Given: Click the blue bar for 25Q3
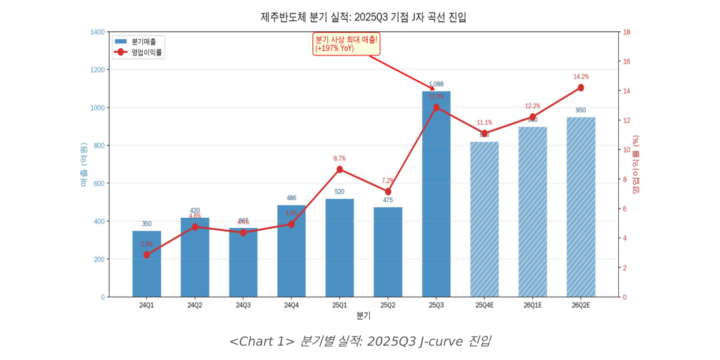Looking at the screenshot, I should point(436,196).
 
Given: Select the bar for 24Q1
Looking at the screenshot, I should point(147,264).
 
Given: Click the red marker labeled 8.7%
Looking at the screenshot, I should point(339,170).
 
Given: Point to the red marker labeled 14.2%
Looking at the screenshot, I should point(580,88).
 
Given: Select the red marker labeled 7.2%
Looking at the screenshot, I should point(387,192).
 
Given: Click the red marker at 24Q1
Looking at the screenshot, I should point(147,254).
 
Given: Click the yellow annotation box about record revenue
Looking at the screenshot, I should point(346,44).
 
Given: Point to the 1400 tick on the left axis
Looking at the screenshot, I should point(97,32).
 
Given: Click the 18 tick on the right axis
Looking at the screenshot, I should point(626,32).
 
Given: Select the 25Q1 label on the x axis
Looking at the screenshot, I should point(339,305).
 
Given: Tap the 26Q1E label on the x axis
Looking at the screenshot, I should point(532,305).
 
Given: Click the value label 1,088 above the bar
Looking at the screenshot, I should point(436,84).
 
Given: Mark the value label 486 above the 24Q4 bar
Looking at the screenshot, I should point(291,198).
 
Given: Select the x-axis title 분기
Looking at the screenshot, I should point(363,316).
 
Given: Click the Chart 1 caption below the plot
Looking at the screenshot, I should point(360,341).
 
